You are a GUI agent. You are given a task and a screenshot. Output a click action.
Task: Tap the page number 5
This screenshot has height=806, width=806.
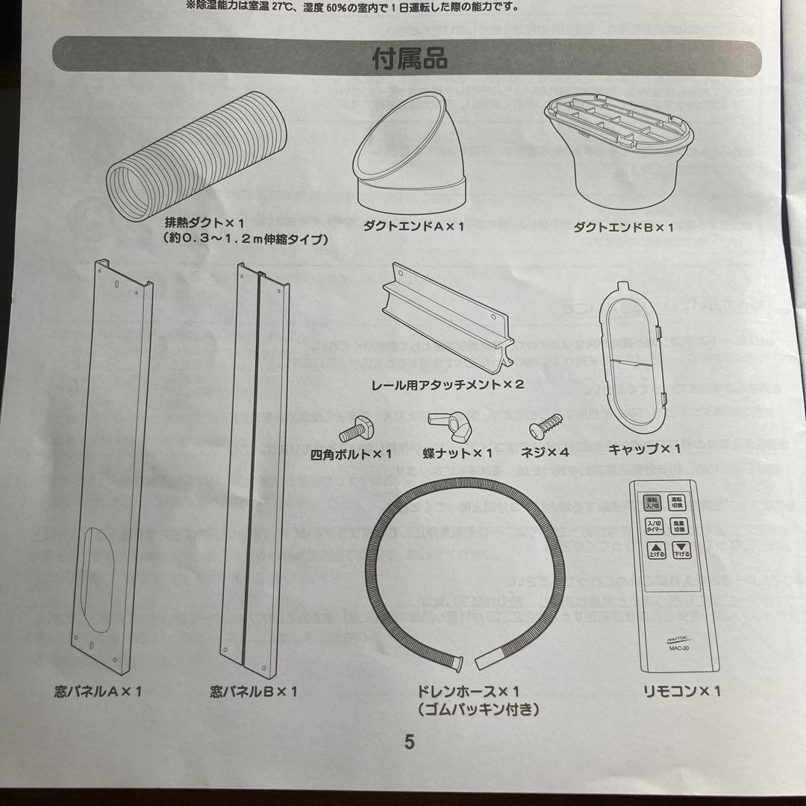(409, 742)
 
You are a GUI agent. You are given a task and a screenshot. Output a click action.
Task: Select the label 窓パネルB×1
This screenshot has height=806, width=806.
(254, 692)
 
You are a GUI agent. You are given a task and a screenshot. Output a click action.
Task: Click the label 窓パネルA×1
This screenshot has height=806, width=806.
(98, 692)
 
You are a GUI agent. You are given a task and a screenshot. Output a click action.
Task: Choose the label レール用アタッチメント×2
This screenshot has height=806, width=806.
(447, 386)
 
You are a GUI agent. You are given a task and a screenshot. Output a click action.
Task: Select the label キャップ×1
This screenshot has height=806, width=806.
(644, 449)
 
